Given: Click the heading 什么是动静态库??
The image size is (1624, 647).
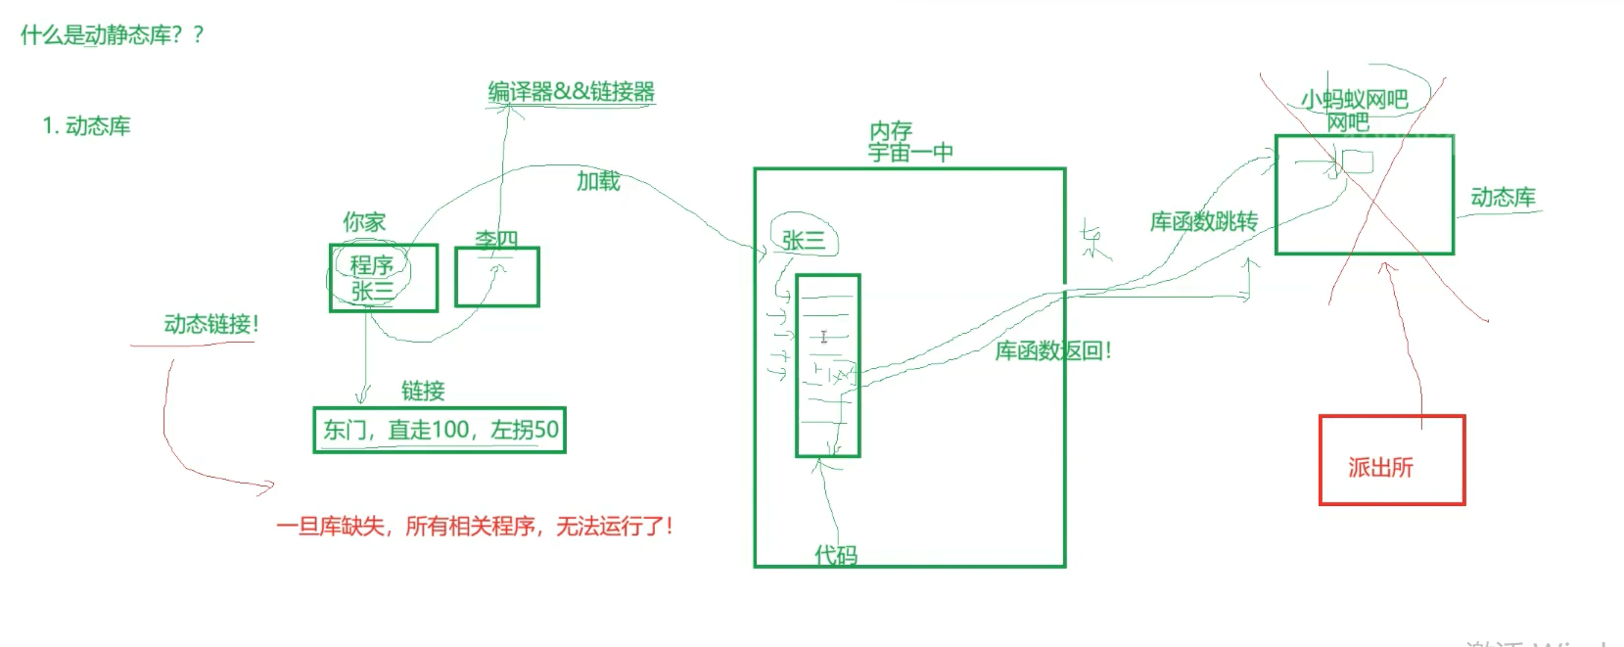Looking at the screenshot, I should point(112,35).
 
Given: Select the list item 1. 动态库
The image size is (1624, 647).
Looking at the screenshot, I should point(86,126).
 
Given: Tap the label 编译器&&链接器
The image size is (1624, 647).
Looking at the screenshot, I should point(571,92).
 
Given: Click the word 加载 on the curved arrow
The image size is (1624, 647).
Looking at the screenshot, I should point(597,181).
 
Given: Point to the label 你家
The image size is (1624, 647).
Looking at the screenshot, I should point(364,222).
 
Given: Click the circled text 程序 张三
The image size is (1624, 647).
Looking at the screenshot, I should point(372,277).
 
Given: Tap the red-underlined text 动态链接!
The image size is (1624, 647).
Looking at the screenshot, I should point(210,324).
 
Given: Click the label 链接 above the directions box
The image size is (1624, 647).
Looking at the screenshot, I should point(423,392).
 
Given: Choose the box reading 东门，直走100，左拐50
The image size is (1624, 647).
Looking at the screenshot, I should point(440,430).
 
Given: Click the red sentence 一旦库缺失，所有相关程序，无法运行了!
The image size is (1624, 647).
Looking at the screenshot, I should point(475,527).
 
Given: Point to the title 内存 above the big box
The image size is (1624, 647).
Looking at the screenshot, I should point(890,131).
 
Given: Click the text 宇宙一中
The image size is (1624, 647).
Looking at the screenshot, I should point(909,153).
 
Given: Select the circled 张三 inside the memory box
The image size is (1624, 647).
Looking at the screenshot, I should point(804,240).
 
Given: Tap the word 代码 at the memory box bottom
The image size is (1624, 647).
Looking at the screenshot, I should point(836,555).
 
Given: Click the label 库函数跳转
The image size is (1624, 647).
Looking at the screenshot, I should point(1203,222).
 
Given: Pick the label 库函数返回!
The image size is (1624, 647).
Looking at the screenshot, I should point(1052,350).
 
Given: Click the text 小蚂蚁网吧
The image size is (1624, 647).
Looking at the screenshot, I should point(1354,99).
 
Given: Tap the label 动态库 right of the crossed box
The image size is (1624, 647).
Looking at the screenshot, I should point(1503,198).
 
